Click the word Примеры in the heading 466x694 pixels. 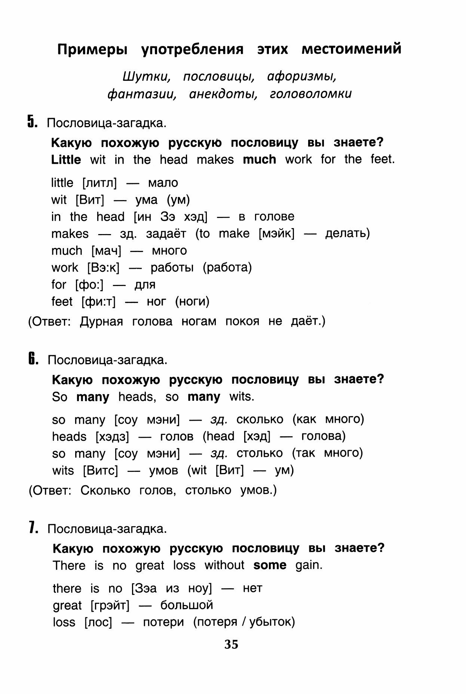pos(92,49)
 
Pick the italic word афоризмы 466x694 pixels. pos(302,77)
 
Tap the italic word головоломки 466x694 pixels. pos(310,93)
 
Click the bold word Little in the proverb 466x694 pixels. pos(66,160)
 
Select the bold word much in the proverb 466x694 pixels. pos(259,160)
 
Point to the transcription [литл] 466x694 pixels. pos(99,183)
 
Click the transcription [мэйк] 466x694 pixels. pos(276,234)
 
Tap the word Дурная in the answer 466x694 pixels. pos(101,322)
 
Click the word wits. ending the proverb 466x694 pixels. pos(242,396)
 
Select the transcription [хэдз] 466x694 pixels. pos(112,436)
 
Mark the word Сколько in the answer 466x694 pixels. pos(105,490)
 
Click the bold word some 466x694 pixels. pos(270,565)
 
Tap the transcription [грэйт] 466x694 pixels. pos(110,605)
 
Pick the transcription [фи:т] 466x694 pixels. pos(98,301)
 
